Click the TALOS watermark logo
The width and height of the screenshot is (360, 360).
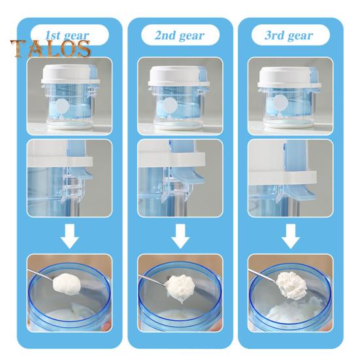(50, 48)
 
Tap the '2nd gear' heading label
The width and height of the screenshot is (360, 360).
(180, 35)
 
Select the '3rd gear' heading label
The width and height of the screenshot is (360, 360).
(289, 35)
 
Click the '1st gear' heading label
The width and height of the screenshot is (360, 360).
(67, 35)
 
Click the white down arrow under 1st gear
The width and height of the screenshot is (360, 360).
(70, 236)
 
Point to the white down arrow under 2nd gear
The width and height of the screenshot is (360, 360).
(180, 236)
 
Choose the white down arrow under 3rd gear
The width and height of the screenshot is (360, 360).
(291, 236)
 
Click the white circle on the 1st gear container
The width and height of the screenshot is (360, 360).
(62, 106)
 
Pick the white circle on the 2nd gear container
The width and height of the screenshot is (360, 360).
(170, 105)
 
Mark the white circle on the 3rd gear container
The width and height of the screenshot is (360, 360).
(280, 102)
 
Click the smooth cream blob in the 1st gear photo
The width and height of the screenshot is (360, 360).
(67, 284)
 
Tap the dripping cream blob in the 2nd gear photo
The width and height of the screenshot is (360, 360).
(180, 287)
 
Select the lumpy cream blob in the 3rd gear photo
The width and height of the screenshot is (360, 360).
(291, 286)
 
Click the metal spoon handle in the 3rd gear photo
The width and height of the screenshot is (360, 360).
(263, 275)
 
